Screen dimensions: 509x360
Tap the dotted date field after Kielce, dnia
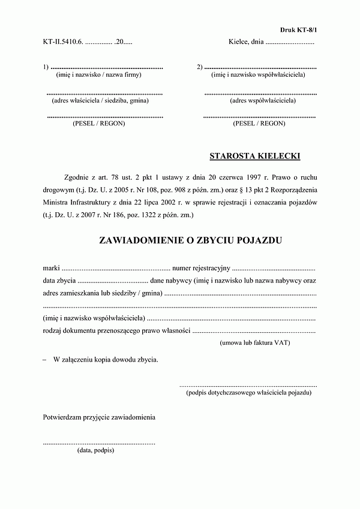click(x=290, y=43)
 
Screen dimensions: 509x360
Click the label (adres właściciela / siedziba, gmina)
click(x=100, y=100)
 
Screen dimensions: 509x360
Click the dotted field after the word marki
click(x=116, y=267)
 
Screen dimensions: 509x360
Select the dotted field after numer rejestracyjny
click(x=274, y=267)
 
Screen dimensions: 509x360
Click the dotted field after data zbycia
click(x=113, y=281)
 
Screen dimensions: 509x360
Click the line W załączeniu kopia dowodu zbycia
click(x=106, y=360)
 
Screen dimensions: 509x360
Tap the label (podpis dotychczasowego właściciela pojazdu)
click(x=249, y=393)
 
